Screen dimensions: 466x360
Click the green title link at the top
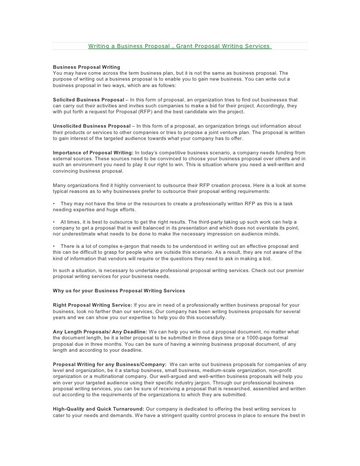pyautogui.click(x=180, y=46)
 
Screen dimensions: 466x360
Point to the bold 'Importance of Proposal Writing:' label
pyautogui.click(x=92, y=152)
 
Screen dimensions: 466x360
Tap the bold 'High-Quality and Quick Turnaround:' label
pyautogui.click(x=98, y=409)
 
